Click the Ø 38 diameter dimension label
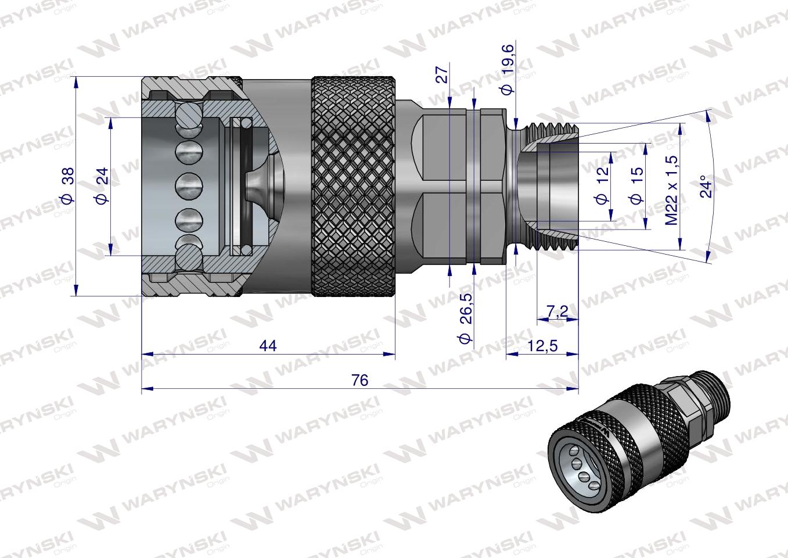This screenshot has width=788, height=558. pos(67,185)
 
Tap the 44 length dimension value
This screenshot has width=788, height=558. pos(268,346)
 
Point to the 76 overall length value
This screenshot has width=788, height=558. pos(360,381)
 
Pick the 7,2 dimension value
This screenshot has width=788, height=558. pos(557,312)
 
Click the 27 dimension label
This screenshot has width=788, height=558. pos(442,74)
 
